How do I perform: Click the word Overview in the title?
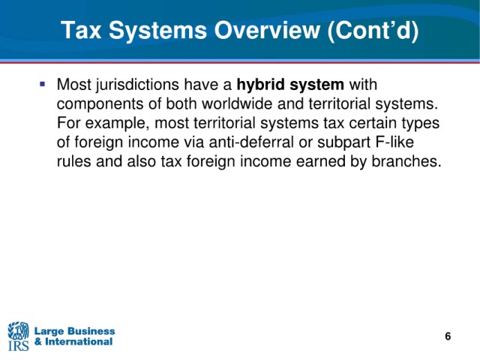(x=267, y=30)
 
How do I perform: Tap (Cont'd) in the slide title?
(x=373, y=31)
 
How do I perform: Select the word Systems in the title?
(x=158, y=31)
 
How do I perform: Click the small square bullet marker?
(x=42, y=83)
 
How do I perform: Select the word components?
(x=100, y=104)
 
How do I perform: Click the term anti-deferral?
(x=251, y=142)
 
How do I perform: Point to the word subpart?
(x=343, y=143)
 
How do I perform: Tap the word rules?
(x=73, y=161)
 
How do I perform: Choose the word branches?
(x=406, y=161)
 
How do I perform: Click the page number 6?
(x=448, y=336)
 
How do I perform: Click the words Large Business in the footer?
(x=75, y=331)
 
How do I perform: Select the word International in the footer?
(x=79, y=341)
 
